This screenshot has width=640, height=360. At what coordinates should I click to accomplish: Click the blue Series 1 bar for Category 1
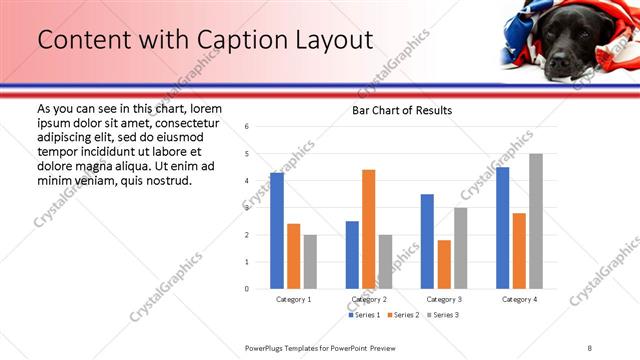[277, 231]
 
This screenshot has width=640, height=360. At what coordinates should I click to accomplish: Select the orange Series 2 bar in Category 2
[368, 229]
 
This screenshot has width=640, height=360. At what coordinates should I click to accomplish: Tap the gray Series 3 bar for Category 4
[536, 221]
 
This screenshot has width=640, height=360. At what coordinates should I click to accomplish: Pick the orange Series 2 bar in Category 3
[444, 264]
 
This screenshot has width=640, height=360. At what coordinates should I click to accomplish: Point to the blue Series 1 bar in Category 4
[502, 228]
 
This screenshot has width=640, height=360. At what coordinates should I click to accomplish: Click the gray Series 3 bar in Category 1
[310, 262]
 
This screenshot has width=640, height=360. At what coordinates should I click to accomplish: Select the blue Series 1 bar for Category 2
[352, 255]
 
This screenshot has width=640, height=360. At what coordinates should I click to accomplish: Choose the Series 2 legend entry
[402, 315]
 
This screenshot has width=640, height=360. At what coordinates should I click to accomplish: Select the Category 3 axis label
[444, 299]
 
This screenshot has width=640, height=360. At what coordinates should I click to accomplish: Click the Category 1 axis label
[294, 299]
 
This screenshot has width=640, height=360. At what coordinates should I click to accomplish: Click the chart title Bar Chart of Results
[401, 110]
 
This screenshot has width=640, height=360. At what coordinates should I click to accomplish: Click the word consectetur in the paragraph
[180, 122]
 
